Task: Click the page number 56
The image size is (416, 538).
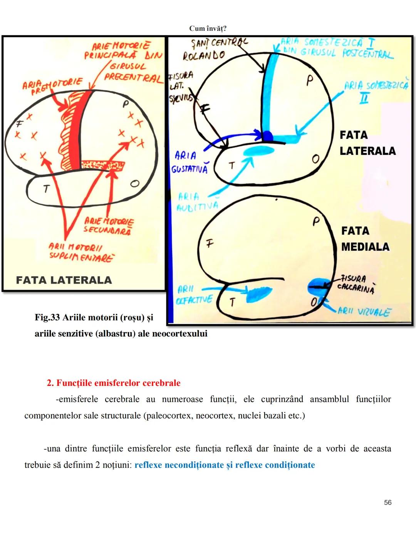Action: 387,502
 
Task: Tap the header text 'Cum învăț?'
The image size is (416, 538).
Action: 208,28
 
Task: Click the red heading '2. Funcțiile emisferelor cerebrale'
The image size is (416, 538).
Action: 114,383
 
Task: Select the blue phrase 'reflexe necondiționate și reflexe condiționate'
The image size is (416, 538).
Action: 225,465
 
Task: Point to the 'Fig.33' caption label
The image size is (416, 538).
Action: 47,317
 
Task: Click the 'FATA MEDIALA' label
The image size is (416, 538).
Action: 365,239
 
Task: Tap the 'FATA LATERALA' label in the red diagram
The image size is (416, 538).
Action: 64,280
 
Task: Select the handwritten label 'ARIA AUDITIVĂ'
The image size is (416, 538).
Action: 196,202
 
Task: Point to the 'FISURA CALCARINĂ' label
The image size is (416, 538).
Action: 356,284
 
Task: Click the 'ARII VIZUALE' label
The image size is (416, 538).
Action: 364,311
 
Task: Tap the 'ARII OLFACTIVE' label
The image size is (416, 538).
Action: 194,295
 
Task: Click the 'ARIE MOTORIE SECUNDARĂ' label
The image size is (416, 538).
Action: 109,226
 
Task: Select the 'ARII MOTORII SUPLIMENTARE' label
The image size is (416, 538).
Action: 81,252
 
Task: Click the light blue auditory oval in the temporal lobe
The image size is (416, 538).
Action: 258,151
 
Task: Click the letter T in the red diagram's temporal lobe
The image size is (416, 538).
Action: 46,188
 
